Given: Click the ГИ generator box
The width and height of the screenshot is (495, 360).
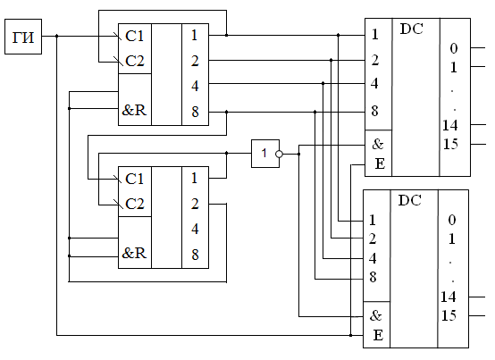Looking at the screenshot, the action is [x=23, y=37].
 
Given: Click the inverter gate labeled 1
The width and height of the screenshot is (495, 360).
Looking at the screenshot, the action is [x=265, y=154].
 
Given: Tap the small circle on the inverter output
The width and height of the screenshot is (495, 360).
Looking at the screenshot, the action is [x=279, y=154].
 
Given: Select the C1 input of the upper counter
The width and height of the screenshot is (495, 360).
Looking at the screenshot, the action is [x=135, y=36].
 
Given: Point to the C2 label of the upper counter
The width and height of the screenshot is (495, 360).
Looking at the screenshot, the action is [x=135, y=61].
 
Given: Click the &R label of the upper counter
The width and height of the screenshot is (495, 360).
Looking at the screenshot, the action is [x=134, y=110].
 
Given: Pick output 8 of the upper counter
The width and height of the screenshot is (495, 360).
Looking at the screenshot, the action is [x=195, y=112].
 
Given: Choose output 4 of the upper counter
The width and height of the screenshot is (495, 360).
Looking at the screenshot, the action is [x=195, y=86].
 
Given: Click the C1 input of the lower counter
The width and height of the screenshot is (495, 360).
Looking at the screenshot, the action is [x=135, y=179].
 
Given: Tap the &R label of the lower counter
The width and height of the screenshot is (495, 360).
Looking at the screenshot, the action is [x=134, y=253].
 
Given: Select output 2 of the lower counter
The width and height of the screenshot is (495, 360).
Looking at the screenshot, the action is [x=195, y=204].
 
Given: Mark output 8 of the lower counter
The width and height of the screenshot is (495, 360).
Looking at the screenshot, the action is [x=195, y=255].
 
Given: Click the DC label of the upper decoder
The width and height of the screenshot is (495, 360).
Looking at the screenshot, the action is [x=411, y=29].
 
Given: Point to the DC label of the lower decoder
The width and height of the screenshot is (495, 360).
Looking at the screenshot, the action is [x=410, y=200].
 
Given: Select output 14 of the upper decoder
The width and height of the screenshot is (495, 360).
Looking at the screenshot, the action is [x=449, y=125].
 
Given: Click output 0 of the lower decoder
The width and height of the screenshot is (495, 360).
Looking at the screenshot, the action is [x=452, y=220].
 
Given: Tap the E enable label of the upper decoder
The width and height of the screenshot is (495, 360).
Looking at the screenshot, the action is [x=380, y=163].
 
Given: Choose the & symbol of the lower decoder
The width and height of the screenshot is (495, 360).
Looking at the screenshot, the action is [x=375, y=315].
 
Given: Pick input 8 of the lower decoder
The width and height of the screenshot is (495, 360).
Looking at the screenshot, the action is [x=373, y=277].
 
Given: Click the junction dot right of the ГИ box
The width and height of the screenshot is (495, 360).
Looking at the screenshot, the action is [x=57, y=36].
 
